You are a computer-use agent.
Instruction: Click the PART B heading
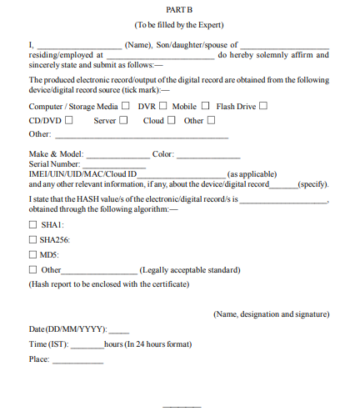179,11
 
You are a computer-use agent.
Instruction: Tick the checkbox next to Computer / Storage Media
126,106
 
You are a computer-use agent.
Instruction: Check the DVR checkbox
163,106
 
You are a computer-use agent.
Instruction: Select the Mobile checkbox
204,106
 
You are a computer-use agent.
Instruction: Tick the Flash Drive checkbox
262,106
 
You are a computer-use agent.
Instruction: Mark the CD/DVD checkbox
68,120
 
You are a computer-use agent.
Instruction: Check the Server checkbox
122,120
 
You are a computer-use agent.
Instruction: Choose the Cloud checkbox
171,120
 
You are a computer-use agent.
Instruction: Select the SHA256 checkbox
33,240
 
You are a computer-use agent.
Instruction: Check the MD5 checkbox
33,254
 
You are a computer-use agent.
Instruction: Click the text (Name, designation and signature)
271,314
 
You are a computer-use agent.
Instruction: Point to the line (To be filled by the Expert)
179,26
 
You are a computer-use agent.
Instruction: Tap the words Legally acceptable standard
190,270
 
